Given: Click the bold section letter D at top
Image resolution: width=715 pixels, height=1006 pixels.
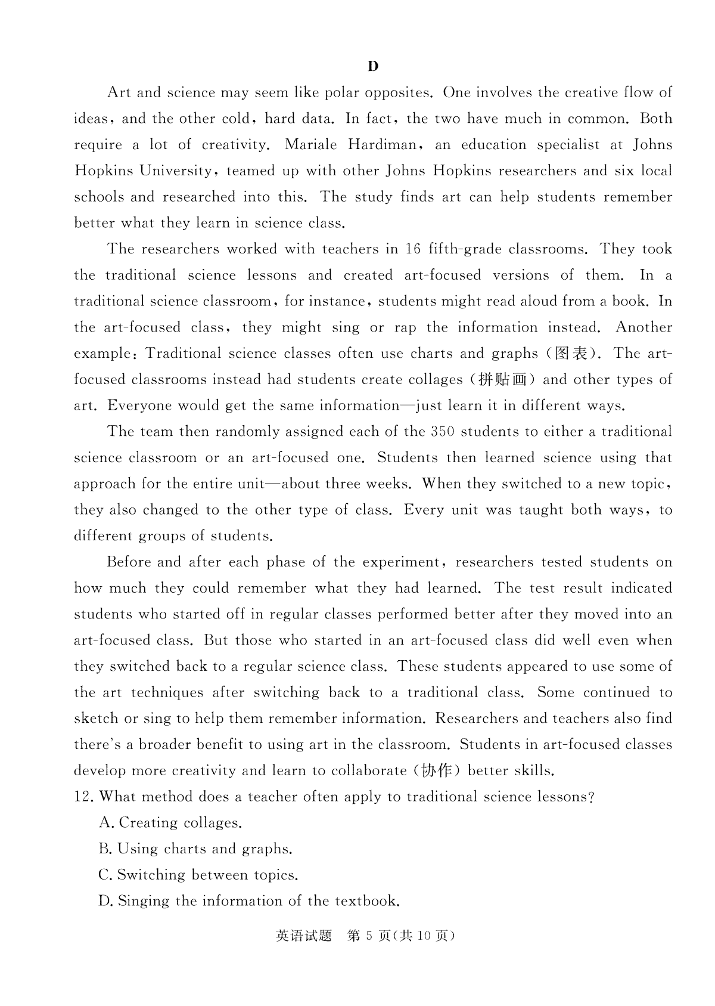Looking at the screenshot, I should tap(373, 66).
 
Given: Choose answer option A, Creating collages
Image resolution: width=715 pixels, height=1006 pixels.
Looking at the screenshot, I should tap(170, 823).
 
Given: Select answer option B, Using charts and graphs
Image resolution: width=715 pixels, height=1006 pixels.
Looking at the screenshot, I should tap(195, 849).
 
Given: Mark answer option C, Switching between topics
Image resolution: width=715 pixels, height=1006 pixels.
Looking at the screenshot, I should tap(198, 875).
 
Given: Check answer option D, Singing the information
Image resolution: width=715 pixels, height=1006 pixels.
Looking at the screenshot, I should tap(248, 901).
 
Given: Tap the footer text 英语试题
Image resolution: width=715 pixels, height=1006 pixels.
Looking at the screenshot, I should tap(304, 936).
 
